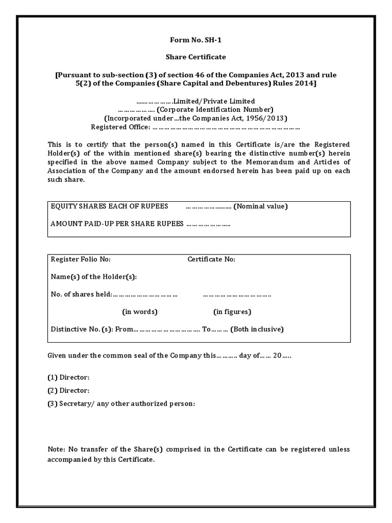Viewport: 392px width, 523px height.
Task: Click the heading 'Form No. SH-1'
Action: [197, 40]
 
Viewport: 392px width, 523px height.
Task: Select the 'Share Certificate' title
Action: [197, 57]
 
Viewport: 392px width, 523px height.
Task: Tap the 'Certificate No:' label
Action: [211, 259]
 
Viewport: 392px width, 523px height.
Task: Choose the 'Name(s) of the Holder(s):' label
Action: [94, 277]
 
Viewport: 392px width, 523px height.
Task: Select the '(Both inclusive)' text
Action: [257, 329]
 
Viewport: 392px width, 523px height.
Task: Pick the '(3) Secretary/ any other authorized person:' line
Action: [121, 403]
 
